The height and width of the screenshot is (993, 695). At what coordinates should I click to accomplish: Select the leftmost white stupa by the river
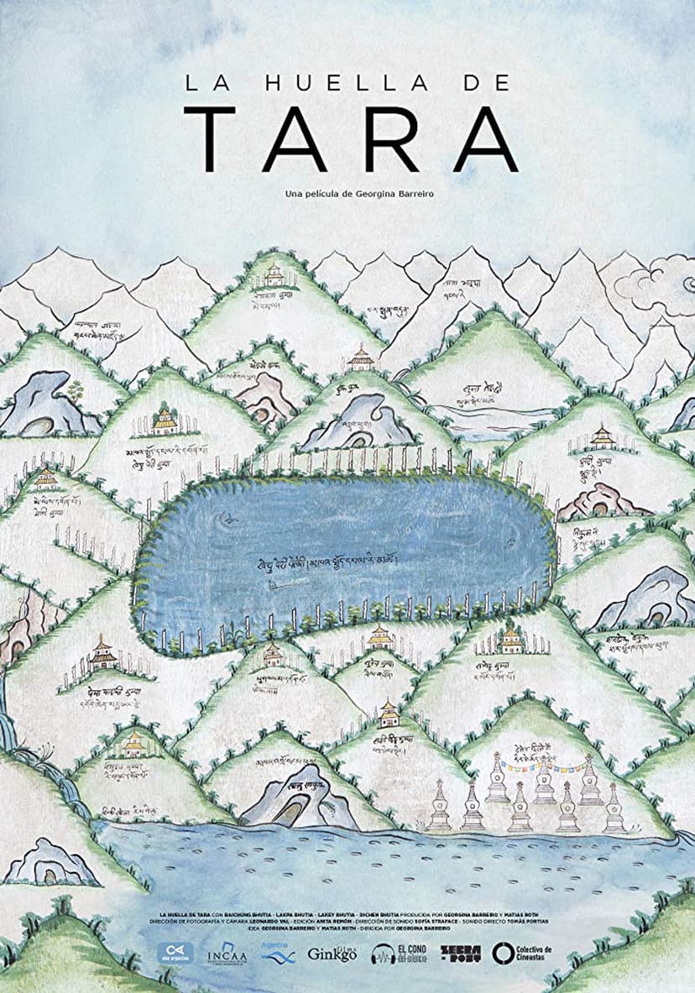pyautogui.click(x=439, y=807)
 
